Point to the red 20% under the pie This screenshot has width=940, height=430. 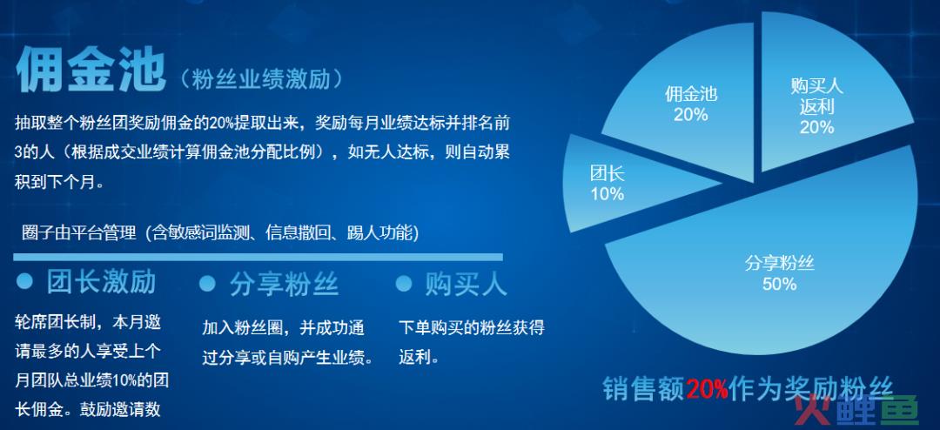pyautogui.click(x=707, y=389)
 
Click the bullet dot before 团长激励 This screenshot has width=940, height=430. pyautogui.click(x=24, y=281)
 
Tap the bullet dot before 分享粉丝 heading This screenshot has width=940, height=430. pyautogui.click(x=207, y=283)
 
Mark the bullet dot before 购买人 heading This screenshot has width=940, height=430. pyautogui.click(x=404, y=283)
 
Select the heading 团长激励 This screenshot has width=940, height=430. pyautogui.click(x=101, y=282)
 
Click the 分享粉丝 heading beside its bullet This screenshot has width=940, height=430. pyautogui.click(x=284, y=284)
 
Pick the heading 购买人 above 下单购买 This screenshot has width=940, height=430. pyautogui.click(x=466, y=284)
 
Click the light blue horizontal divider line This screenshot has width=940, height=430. pyautogui.click(x=258, y=258)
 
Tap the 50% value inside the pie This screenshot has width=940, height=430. pyautogui.click(x=779, y=284)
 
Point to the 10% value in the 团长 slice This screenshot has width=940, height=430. pyautogui.click(x=608, y=194)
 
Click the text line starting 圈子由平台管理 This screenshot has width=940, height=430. pyautogui.click(x=220, y=232)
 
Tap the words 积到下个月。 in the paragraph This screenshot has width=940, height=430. pyautogui.click(x=59, y=182)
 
